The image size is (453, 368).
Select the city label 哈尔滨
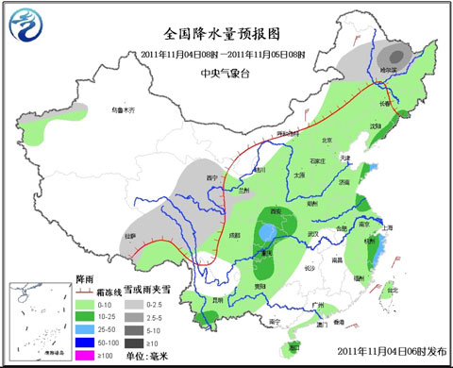click(390, 70)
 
